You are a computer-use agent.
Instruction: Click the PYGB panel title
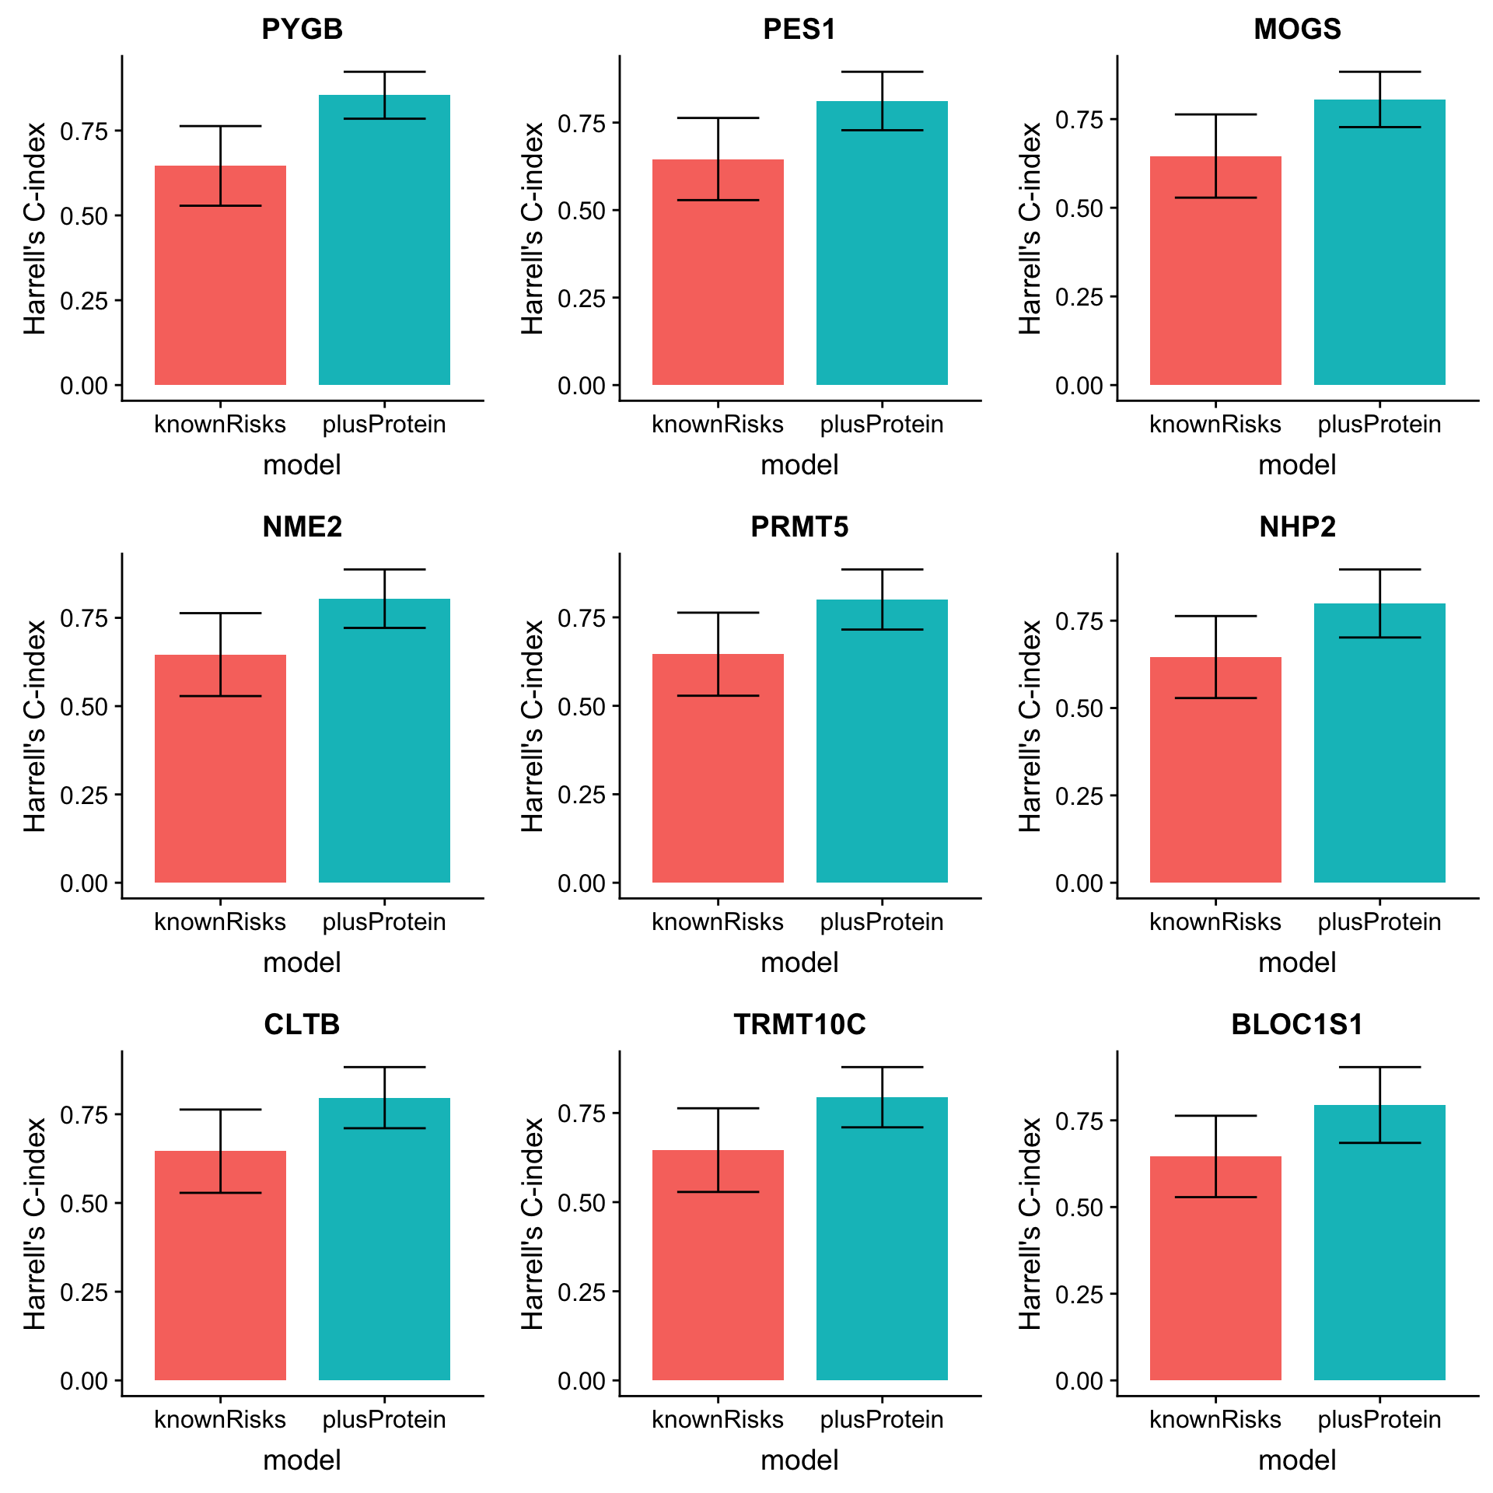pos(302,30)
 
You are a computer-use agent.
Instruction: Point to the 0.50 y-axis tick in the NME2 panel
pos(84,707)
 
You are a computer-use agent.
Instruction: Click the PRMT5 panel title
pos(799,527)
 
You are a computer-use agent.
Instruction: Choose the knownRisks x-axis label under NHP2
pos(1215,922)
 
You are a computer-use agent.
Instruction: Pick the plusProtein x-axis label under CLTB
pos(384,1420)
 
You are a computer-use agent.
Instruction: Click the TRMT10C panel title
pos(799,1025)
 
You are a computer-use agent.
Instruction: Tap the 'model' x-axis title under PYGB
pos(302,465)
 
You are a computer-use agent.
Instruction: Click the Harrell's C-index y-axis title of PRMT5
pos(533,726)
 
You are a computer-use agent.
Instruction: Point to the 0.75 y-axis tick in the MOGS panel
pos(1079,121)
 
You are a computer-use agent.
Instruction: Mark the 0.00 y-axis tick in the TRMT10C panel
pos(582,1382)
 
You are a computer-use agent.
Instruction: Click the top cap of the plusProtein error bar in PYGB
pos(384,72)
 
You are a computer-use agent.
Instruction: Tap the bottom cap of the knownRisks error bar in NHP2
pos(1215,698)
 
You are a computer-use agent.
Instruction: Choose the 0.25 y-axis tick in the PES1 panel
pos(582,299)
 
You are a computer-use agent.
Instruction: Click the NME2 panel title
pos(302,527)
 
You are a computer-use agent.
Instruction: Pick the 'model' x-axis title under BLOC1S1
pos(1297,1460)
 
